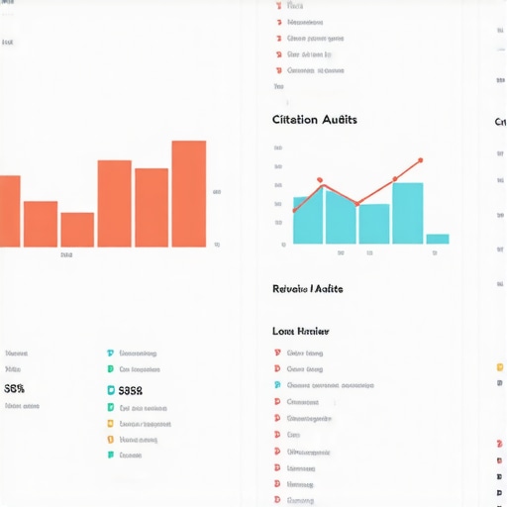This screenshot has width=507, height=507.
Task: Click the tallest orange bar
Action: pyautogui.click(x=188, y=194)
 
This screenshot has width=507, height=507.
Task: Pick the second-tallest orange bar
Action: pyautogui.click(x=114, y=203)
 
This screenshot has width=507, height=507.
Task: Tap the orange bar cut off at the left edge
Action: pyautogui.click(x=10, y=211)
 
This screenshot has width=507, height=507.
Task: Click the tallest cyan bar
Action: pyautogui.click(x=407, y=213)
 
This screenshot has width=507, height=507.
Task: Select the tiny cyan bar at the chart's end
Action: pyautogui.click(x=437, y=239)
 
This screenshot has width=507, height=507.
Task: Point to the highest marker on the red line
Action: pyautogui.click(x=420, y=159)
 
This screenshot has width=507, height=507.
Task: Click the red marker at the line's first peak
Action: pyautogui.click(x=320, y=180)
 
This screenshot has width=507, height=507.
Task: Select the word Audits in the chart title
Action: pyautogui.click(x=340, y=120)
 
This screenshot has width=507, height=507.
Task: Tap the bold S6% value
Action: pyautogui.click(x=15, y=389)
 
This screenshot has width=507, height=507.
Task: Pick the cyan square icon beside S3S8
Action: pyautogui.click(x=110, y=390)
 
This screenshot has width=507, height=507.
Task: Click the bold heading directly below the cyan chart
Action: pyautogui.click(x=307, y=288)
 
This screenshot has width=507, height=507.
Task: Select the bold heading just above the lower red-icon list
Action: pyautogui.click(x=300, y=331)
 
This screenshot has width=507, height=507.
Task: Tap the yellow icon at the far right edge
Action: pyautogui.click(x=499, y=367)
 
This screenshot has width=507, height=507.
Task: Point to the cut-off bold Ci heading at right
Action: pyautogui.click(x=500, y=122)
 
